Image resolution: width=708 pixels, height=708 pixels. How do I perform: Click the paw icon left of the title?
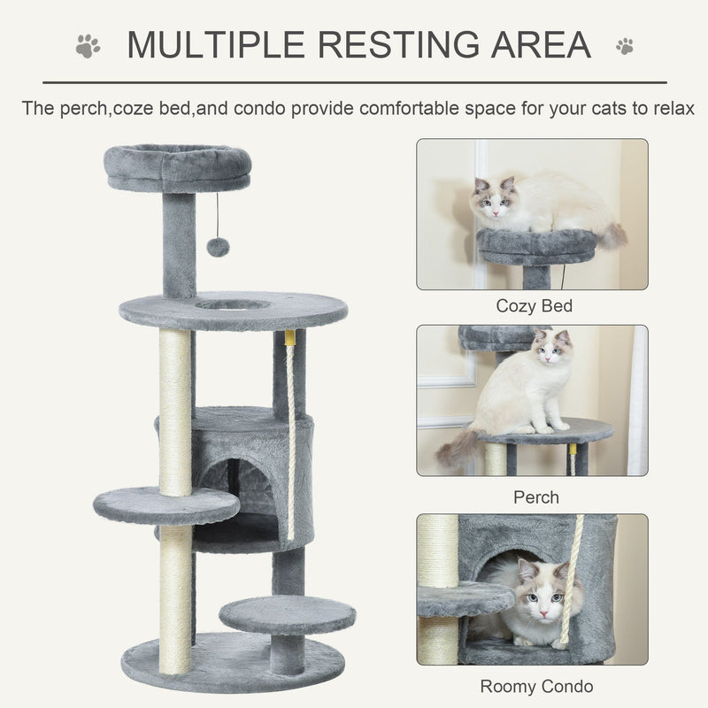point(88,45)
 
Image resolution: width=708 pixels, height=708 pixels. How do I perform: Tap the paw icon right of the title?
point(625,45)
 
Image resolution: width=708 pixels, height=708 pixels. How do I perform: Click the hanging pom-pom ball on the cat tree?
point(218,246)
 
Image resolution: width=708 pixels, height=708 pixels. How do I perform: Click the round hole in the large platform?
point(234,305)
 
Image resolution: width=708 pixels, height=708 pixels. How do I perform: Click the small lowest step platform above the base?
point(287,613)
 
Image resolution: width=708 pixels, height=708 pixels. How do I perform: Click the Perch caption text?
point(536,497)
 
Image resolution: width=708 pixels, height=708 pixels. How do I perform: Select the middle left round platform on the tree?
point(165,505)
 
